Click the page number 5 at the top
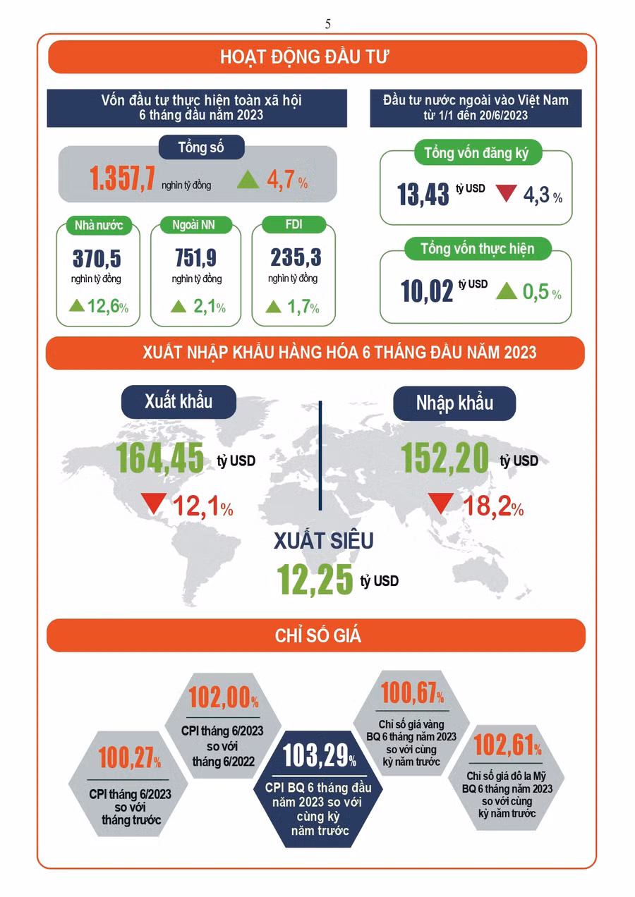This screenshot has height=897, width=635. [x=328, y=23]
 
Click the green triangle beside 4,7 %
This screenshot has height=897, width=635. [x=248, y=180]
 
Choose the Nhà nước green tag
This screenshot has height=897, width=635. [x=99, y=226]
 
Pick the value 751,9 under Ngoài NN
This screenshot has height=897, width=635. [x=196, y=258]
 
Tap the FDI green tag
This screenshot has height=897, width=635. [x=294, y=226]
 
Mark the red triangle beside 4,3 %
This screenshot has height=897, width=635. [x=506, y=193]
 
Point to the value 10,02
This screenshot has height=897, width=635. [x=427, y=291]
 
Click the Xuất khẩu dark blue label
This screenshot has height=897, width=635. [x=179, y=401]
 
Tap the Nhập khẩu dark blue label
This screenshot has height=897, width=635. [x=454, y=403]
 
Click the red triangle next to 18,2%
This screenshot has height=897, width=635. [x=441, y=504]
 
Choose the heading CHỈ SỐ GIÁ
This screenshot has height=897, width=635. [x=317, y=635]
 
